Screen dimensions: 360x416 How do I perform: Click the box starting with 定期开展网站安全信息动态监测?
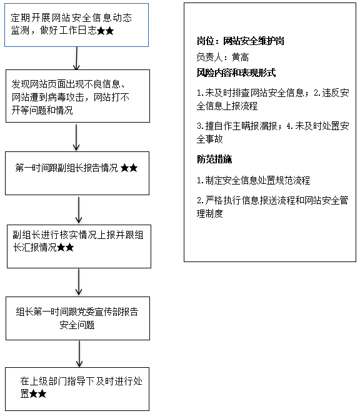pos(77,25)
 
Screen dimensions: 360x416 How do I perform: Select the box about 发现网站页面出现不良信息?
pos(77,96)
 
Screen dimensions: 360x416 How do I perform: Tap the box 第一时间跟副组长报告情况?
pos(77,173)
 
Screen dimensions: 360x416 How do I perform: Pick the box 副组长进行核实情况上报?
pos(79,246)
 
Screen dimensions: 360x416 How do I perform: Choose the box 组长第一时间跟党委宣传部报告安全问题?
pos(77,318)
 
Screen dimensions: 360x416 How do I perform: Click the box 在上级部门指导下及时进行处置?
pos(77,389)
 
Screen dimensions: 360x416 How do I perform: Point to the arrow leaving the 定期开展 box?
pos(76,58)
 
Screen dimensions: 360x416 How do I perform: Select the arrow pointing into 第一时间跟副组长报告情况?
pos(76,137)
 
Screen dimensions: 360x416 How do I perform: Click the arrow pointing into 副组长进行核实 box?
pos(79,210)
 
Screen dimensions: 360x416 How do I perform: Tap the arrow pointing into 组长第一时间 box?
pos(79,282)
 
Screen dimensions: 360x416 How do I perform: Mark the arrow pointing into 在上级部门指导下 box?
pos(79,354)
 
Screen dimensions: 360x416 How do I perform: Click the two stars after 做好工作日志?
pos(105,31)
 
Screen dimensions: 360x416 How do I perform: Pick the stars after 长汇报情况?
pos(65,248)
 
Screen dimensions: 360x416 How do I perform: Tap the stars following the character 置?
pos(37,393)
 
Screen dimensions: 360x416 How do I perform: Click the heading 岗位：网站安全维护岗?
pos(241,41)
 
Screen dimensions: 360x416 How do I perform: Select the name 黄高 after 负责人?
pos(241,57)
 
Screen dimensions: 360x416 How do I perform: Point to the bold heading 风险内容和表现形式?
pos(236,73)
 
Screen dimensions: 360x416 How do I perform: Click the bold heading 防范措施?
pos(214,159)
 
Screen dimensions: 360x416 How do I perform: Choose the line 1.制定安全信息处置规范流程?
pos(253,180)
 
